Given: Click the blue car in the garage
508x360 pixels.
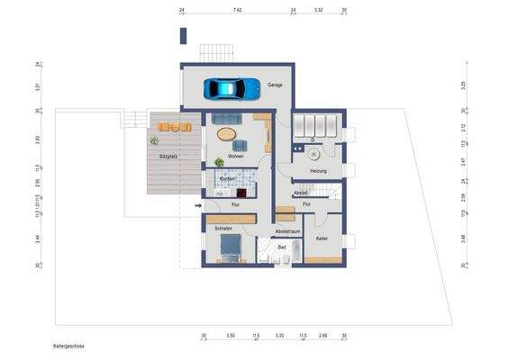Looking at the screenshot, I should (231, 88).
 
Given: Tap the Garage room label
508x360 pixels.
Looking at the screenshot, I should (275, 85).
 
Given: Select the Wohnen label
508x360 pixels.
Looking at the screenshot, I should (236, 157).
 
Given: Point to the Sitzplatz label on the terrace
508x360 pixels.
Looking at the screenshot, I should (168, 157).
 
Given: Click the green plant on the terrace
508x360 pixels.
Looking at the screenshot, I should (155, 140).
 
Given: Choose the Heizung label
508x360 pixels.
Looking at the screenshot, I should (318, 171).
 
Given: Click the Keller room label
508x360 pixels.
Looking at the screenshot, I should (322, 238).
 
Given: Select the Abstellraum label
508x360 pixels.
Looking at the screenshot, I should (287, 231).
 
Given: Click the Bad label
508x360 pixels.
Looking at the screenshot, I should (281, 247).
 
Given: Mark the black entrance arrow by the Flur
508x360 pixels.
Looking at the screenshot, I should (198, 206).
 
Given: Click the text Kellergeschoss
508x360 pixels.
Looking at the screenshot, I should (68, 345).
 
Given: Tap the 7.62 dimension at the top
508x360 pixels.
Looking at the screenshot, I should (237, 9).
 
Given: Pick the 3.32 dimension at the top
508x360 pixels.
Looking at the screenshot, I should (318, 9).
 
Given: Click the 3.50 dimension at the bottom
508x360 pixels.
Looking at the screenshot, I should (231, 335).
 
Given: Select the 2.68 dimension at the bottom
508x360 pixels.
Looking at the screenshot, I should (323, 335).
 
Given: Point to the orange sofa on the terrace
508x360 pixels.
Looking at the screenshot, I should (175, 127).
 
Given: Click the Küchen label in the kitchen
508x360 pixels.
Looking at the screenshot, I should (227, 179).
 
